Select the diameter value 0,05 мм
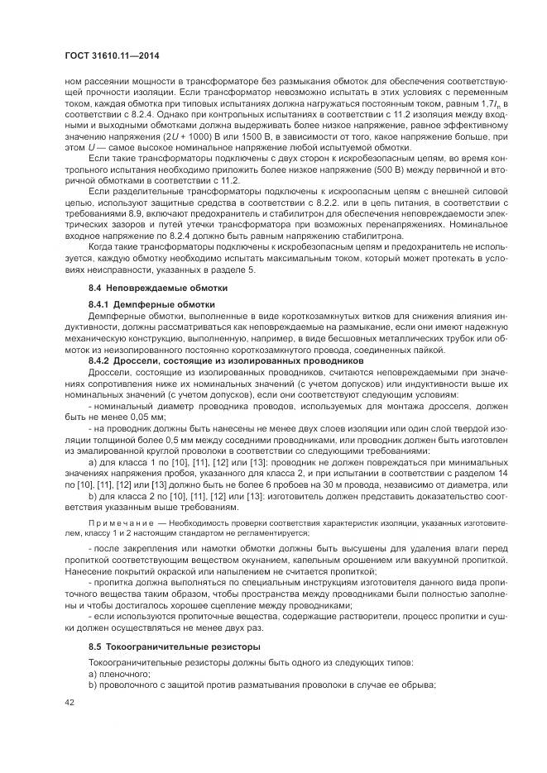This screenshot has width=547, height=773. click(x=122, y=418)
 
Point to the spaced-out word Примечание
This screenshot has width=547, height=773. click(x=118, y=523)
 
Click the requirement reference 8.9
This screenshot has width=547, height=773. click(x=137, y=212)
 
